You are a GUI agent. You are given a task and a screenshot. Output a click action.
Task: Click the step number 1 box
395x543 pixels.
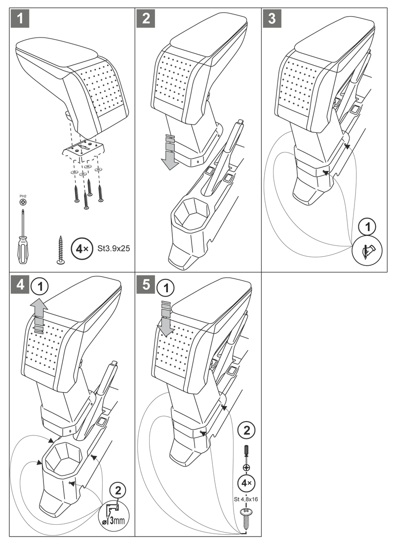point(19,19)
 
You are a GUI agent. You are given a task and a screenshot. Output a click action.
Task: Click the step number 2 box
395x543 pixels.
point(146,19)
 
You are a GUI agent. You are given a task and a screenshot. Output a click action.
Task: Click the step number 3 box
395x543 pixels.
point(271,19)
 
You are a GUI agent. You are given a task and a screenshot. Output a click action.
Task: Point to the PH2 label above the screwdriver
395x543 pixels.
point(22,196)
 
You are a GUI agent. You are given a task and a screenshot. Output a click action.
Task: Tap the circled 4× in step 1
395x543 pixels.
point(81,248)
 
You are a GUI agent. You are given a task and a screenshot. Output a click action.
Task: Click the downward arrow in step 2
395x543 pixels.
point(169,151)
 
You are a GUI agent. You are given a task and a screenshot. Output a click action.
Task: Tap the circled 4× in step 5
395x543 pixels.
point(245,482)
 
